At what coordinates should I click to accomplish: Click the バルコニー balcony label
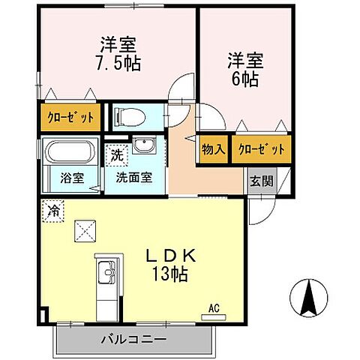click(133, 340)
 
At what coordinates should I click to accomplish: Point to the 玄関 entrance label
click(260, 180)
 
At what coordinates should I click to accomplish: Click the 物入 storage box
click(214, 149)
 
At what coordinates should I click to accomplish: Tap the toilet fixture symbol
click(129, 117)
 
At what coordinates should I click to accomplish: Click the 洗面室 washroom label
click(133, 179)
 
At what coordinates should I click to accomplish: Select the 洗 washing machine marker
click(116, 156)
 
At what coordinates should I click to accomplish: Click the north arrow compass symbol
click(307, 297)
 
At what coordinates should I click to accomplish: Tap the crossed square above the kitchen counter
click(83, 232)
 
